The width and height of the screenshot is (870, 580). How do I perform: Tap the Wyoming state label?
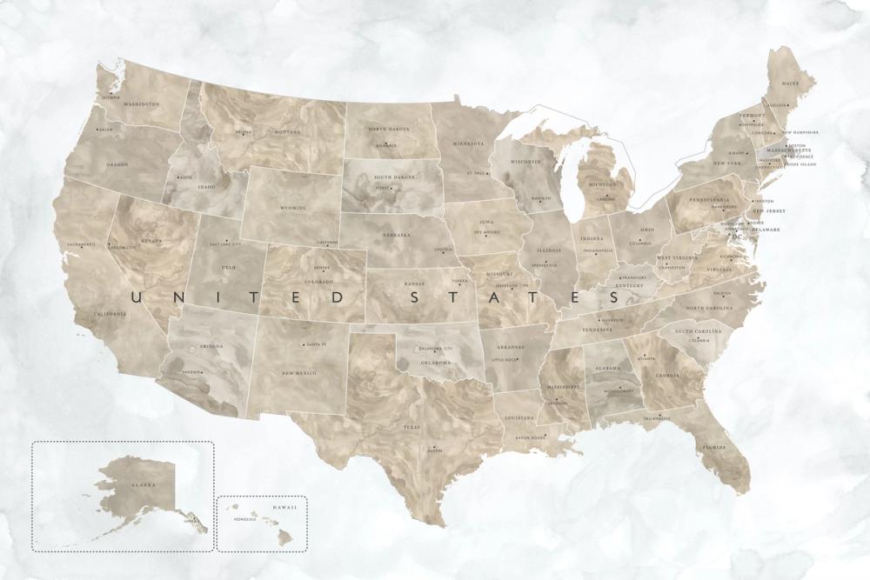click(x=293, y=209)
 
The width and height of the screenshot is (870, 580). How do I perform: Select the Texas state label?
click(x=412, y=428)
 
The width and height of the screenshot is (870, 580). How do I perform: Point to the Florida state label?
click(x=715, y=448)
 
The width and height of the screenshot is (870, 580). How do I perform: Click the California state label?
click(x=111, y=313)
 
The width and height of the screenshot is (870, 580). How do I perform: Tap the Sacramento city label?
click(x=78, y=244)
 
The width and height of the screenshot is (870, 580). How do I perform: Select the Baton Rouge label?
click(x=530, y=437)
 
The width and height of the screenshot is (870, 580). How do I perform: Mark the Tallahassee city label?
click(x=658, y=419)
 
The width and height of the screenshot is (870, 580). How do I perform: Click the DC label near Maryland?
click(x=736, y=236)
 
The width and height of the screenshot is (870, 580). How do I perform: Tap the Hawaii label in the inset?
click(x=285, y=507)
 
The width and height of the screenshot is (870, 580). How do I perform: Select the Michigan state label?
click(x=600, y=185)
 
